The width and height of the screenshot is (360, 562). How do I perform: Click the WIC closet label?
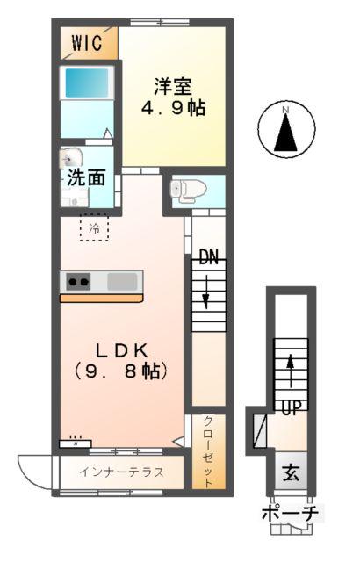(x=87, y=42)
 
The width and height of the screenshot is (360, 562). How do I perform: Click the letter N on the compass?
(x=285, y=110)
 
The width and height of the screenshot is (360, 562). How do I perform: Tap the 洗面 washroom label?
(x=87, y=177)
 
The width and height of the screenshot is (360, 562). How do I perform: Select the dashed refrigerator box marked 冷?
(x=94, y=227)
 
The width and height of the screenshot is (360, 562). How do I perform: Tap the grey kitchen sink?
(x=122, y=282)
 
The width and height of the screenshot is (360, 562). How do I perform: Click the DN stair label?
(x=207, y=258)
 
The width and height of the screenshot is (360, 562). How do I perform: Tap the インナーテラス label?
(x=120, y=472)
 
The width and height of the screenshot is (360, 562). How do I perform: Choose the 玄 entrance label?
(x=289, y=474)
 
